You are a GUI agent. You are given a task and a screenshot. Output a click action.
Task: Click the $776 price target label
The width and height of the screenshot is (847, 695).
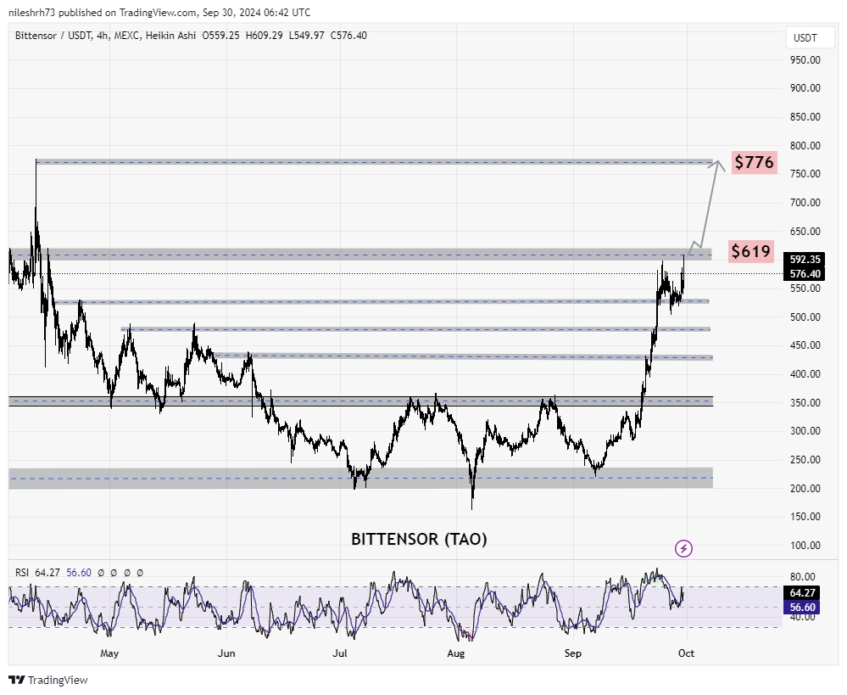[x=754, y=162]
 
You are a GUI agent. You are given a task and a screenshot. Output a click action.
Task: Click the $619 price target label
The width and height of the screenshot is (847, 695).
[x=751, y=251]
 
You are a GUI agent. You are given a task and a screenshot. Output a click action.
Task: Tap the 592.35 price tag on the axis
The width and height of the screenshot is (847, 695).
[x=804, y=260]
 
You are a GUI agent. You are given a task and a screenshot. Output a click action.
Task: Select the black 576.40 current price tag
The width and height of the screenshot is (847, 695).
[x=804, y=274]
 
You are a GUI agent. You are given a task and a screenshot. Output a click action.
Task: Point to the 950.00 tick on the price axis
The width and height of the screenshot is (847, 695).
[x=804, y=60]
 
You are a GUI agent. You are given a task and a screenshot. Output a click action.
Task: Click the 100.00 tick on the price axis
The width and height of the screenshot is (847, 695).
[x=804, y=546]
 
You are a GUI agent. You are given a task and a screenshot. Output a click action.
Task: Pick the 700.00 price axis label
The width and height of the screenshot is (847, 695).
[x=804, y=203]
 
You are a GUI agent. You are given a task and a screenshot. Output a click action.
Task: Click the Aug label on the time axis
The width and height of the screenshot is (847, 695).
[x=456, y=653]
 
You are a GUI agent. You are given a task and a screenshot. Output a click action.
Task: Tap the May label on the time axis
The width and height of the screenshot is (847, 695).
[x=109, y=653]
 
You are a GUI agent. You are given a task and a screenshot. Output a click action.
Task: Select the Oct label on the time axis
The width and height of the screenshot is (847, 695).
[x=687, y=653]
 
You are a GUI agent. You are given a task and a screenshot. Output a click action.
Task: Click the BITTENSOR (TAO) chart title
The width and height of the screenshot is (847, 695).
[x=419, y=539]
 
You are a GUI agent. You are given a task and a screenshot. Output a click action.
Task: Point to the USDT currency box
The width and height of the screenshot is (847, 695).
[x=804, y=37]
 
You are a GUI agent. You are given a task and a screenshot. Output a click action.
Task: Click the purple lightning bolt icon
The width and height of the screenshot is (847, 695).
[x=684, y=548]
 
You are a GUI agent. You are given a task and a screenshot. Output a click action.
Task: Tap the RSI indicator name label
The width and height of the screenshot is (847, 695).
[x=22, y=573]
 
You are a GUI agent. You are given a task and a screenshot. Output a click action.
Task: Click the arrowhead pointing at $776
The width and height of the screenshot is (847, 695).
[x=719, y=165]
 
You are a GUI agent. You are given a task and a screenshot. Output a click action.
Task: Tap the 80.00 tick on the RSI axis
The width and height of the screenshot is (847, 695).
[x=804, y=576]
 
